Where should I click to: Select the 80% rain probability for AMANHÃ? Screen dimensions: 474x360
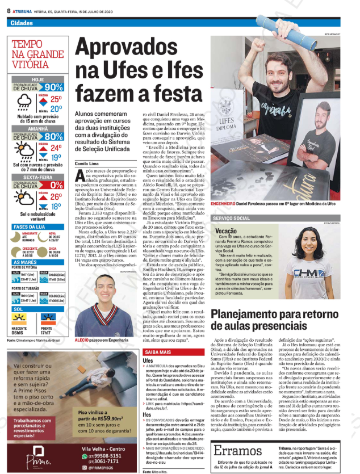[53, 136]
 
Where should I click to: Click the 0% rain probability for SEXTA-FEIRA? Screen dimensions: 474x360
[56, 185]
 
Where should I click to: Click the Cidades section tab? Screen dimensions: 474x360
[20, 23]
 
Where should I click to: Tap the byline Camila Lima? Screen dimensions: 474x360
[90, 163]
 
